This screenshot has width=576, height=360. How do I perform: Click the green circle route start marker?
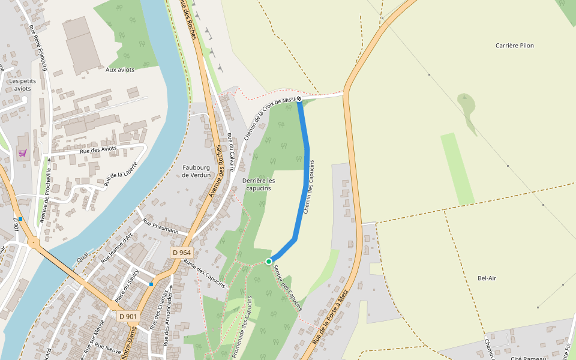coord(269,261)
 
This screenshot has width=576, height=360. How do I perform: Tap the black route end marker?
coord(299,99)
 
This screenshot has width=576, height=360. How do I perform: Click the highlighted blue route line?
coord(307,180)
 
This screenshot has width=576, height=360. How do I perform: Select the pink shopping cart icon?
coord(22,153)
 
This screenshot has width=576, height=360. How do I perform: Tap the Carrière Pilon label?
coord(514,46)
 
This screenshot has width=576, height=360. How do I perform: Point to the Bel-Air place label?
coord(487,278)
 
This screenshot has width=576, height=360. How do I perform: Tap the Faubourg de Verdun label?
coord(197,171)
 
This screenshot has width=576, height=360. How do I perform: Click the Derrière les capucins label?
coord(258,184)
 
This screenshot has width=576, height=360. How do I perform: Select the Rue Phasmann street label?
coord(160,226)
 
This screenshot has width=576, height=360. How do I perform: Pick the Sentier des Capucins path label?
coord(287,287)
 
